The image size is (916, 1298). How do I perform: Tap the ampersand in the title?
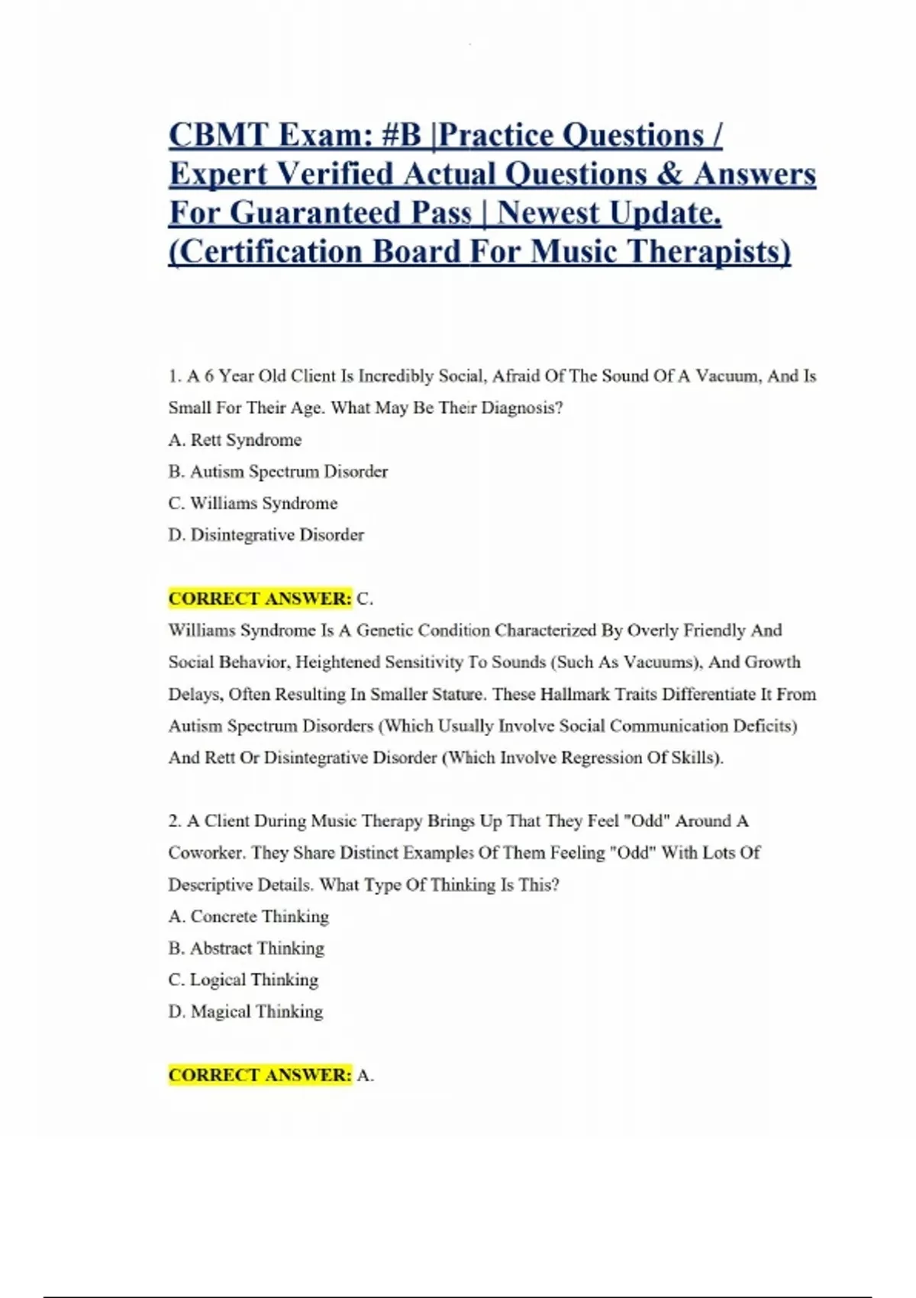[668, 174]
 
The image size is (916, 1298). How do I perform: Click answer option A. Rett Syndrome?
[235, 440]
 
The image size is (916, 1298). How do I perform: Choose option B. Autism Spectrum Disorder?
[278, 472]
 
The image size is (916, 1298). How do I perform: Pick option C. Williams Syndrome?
[253, 503]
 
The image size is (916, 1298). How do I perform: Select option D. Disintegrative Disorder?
[266, 535]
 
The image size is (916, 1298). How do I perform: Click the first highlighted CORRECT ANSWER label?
[260, 599]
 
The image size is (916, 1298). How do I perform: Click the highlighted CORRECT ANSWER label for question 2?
[260, 1075]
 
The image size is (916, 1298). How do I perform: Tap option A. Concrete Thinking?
[248, 916]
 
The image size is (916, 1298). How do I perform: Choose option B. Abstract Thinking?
[246, 948]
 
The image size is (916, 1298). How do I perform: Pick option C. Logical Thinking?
[243, 980]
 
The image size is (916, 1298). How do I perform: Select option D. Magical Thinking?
[245, 1012]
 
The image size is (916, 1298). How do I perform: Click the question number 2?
[175, 822]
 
